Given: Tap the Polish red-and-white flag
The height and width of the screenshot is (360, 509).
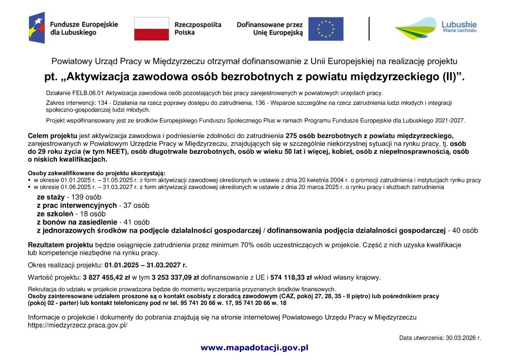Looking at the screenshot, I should click(x=151, y=29).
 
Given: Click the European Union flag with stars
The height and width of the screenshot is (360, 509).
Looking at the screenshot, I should click(x=326, y=29).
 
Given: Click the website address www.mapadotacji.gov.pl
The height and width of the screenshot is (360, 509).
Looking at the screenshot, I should click(x=254, y=348).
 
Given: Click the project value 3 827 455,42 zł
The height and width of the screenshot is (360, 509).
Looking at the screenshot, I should click(x=106, y=278).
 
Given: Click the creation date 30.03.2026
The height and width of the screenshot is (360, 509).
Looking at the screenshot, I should click(x=463, y=337).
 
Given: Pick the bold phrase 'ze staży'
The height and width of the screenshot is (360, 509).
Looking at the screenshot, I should click(x=50, y=197).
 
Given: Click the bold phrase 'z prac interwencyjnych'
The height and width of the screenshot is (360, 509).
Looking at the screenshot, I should click(x=76, y=205).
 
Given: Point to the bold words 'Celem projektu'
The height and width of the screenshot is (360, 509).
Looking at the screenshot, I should click(x=52, y=135).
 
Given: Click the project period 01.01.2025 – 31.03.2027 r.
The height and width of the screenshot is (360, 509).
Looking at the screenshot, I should click(x=146, y=265).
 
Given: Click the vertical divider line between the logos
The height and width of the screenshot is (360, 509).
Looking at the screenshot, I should click(x=370, y=29).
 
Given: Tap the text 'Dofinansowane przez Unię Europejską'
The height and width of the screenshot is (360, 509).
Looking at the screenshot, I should click(x=270, y=29).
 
